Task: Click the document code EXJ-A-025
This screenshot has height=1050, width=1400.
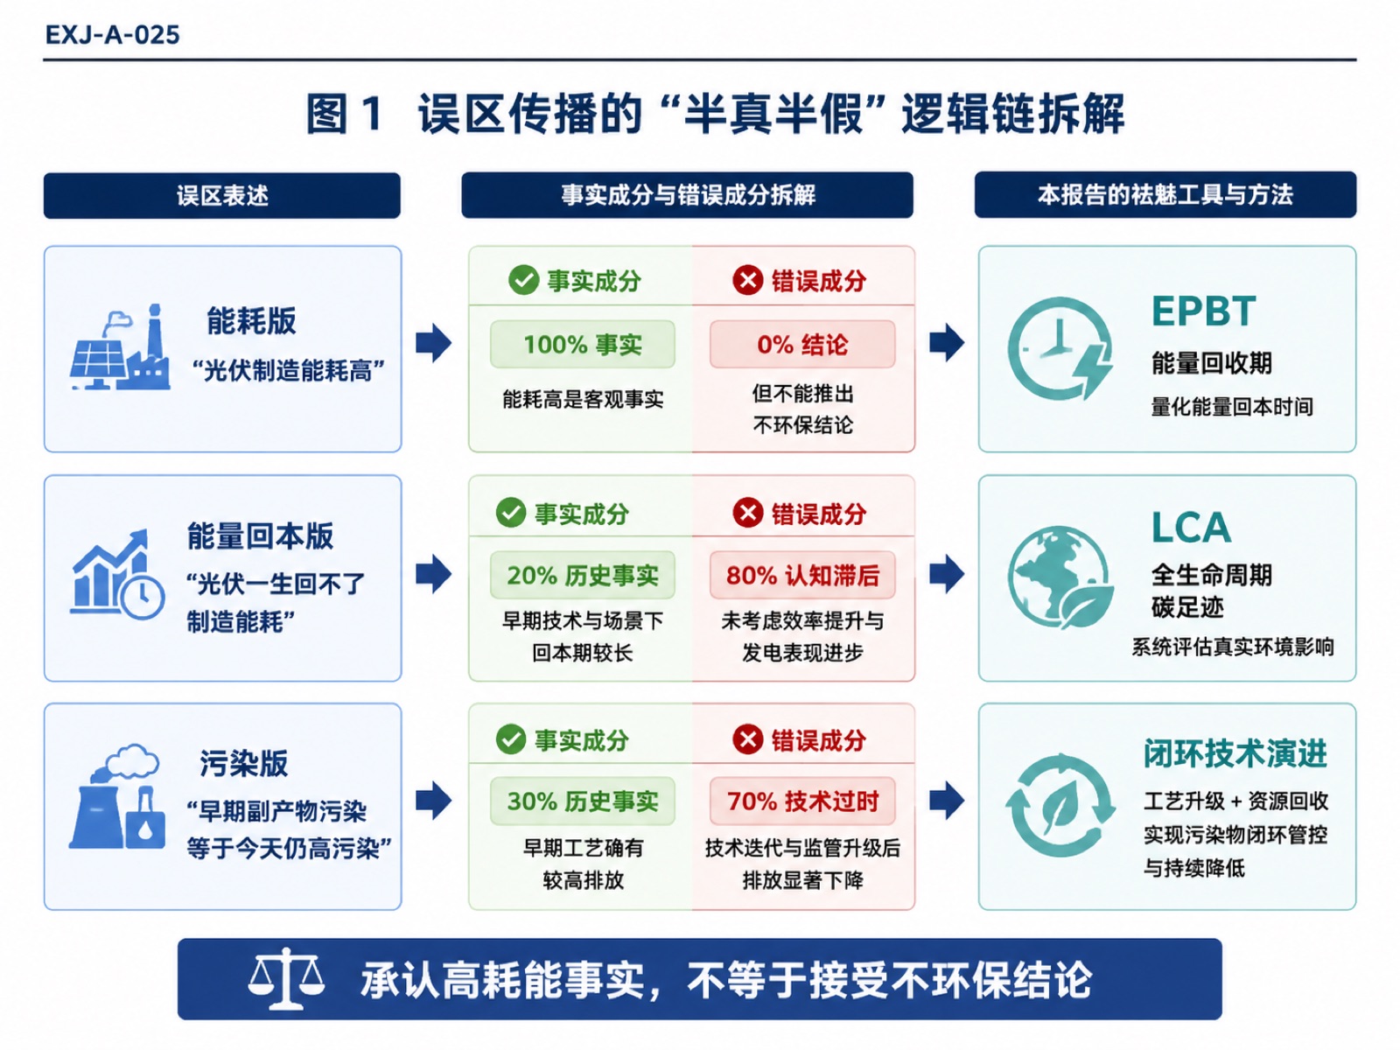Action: pyautogui.click(x=112, y=34)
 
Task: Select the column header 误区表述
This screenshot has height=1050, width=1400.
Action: pyautogui.click(x=222, y=196)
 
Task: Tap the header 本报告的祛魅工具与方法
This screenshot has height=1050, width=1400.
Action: pyautogui.click(x=1165, y=194)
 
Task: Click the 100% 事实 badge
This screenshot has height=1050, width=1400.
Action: pyautogui.click(x=583, y=344)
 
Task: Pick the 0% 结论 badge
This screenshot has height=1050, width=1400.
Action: pyautogui.click(x=802, y=344)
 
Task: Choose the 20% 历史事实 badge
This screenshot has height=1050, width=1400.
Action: pyautogui.click(x=583, y=575)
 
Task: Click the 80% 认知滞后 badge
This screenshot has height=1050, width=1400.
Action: pyautogui.click(x=802, y=575)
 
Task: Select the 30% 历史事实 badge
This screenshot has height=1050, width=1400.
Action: pyautogui.click(x=583, y=801)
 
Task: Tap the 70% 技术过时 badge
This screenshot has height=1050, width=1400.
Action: pyautogui.click(x=802, y=801)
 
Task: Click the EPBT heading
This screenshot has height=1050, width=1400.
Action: pyautogui.click(x=1203, y=311)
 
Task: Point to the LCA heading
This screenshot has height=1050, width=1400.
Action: pyautogui.click(x=1191, y=528)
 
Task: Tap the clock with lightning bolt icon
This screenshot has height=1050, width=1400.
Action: pyautogui.click(x=1060, y=348)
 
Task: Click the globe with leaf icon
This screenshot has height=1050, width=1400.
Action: pyautogui.click(x=1060, y=577)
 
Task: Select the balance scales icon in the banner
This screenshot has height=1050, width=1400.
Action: pyautogui.click(x=286, y=978)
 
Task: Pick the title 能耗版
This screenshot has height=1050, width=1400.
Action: pyautogui.click(x=251, y=320)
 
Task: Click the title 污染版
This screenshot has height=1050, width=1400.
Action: pyautogui.click(x=243, y=763)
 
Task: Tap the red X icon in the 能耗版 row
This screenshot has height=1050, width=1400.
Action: pyautogui.click(x=747, y=280)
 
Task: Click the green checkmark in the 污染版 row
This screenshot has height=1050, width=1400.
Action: pyautogui.click(x=511, y=739)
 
